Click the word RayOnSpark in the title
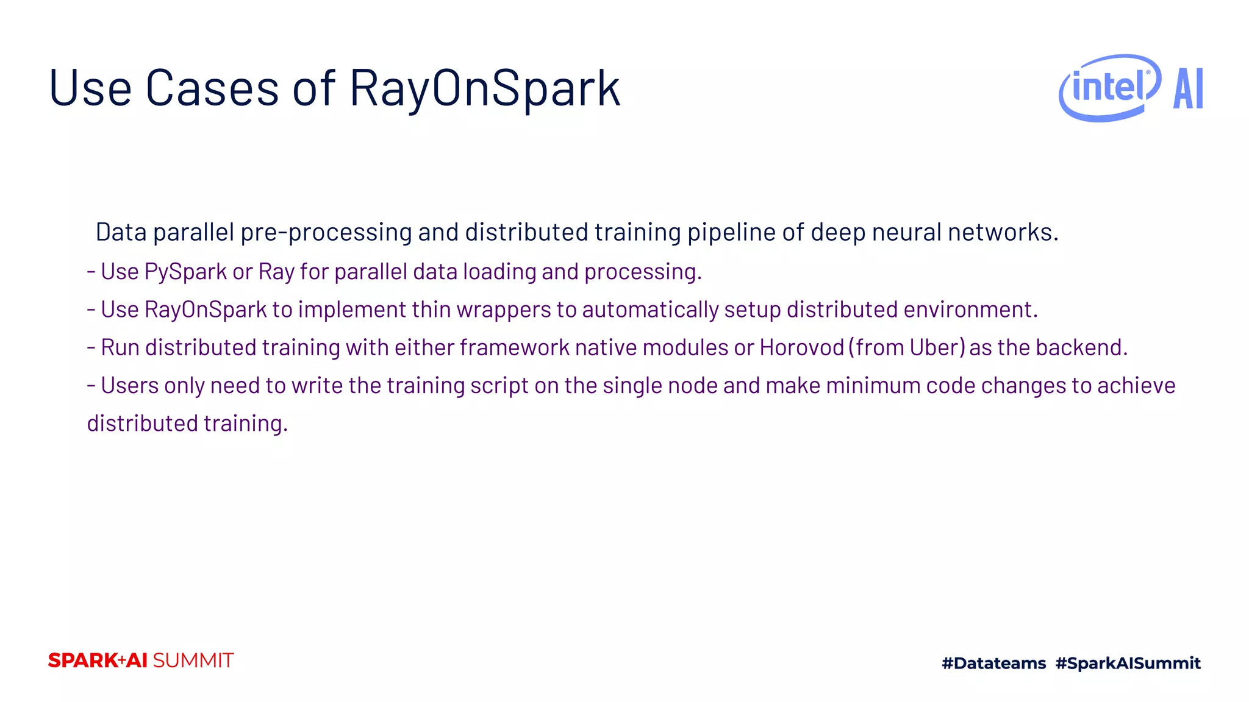tap(485, 89)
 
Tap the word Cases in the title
tap(212, 89)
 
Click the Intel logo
tap(1109, 88)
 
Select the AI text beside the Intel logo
tap(1188, 89)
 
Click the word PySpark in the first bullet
tap(185, 272)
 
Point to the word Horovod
tap(801, 347)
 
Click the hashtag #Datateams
tap(993, 663)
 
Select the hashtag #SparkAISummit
tap(1128, 663)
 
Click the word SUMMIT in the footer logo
tap(193, 661)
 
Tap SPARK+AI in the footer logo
tap(98, 661)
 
